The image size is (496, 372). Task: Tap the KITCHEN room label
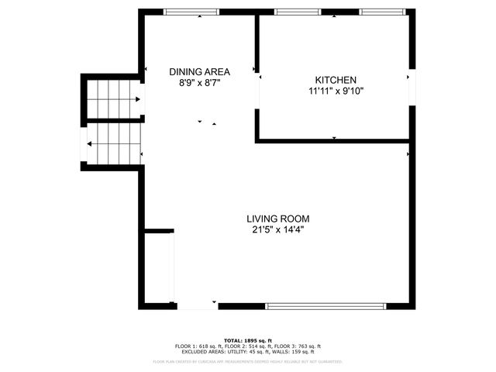[x=335, y=80]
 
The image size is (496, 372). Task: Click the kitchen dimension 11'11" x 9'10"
[x=335, y=91]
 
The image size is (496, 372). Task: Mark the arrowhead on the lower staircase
[x=91, y=143]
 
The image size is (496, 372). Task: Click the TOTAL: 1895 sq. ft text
[x=247, y=340]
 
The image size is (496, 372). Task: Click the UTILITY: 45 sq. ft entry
[x=247, y=351]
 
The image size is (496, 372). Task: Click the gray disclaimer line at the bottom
[x=247, y=361]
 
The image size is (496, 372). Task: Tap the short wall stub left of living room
[x=159, y=230]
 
